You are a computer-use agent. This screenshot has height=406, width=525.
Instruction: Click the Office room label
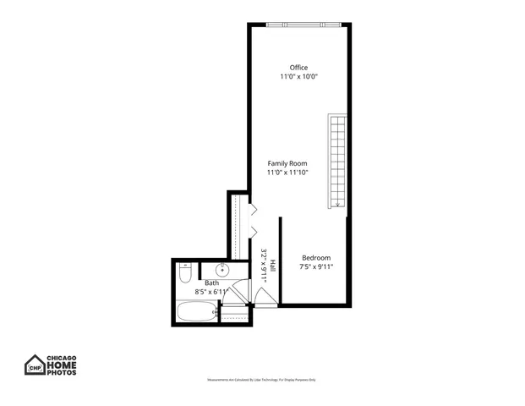(298, 68)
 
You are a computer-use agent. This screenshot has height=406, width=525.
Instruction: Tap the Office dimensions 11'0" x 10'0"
(298, 77)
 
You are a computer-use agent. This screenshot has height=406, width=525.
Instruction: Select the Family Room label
(287, 163)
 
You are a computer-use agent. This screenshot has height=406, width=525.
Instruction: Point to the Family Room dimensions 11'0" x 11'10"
(287, 173)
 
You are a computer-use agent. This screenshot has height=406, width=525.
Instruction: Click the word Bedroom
(316, 258)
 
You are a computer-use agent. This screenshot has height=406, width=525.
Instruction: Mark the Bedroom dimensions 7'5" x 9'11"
(316, 267)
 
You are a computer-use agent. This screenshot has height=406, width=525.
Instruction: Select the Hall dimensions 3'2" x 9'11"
(264, 265)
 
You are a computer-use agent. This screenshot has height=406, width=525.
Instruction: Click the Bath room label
(211, 283)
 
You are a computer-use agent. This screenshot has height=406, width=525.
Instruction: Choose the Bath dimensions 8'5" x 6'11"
(213, 292)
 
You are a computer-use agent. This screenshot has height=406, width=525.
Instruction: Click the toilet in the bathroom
(185, 274)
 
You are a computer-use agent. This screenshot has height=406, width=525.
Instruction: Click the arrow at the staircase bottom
(338, 202)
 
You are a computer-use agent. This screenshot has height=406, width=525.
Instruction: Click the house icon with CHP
(35, 365)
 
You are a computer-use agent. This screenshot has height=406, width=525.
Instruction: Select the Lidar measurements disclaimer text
(262, 380)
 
